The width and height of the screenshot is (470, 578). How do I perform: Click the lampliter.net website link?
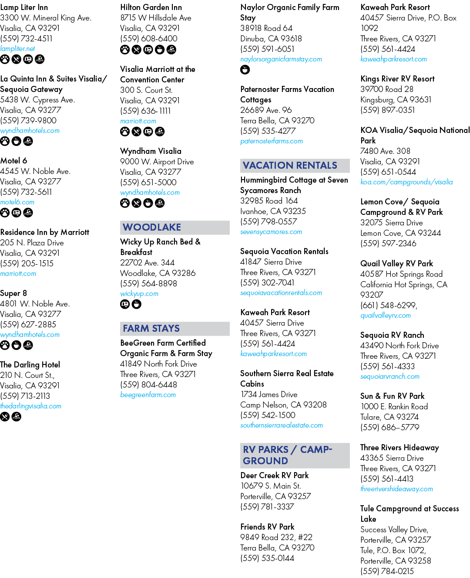(x=17, y=48)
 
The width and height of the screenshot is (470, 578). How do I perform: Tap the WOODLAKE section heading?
(x=152, y=227)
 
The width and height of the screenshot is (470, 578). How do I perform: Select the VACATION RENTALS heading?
(x=289, y=165)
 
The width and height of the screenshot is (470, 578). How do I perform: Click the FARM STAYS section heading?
(x=151, y=328)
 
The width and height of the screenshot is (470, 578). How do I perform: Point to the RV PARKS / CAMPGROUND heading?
(x=287, y=455)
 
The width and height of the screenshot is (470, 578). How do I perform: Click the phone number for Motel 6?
(x=26, y=192)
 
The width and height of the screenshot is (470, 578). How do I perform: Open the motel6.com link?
(x=17, y=202)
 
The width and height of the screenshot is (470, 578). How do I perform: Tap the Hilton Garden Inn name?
(x=151, y=7)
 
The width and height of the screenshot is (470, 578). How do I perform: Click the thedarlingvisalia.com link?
(x=30, y=406)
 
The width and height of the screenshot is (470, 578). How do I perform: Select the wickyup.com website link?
(x=139, y=293)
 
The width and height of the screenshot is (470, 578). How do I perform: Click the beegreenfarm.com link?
(x=148, y=394)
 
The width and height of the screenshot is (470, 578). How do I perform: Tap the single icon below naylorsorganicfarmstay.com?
(x=245, y=70)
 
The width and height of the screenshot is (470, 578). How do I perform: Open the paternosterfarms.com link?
(x=272, y=141)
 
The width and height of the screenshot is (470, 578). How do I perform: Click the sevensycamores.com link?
(x=271, y=232)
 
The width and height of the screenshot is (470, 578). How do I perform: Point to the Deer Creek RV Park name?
(x=275, y=475)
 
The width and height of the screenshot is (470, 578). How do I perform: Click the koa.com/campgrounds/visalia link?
(x=406, y=182)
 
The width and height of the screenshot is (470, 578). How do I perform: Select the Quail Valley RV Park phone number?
(x=389, y=305)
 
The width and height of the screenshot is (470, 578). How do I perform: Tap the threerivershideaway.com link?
(x=396, y=489)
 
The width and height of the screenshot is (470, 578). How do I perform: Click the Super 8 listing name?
(x=13, y=293)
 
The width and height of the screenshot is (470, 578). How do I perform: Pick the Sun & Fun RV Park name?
(x=392, y=396)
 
